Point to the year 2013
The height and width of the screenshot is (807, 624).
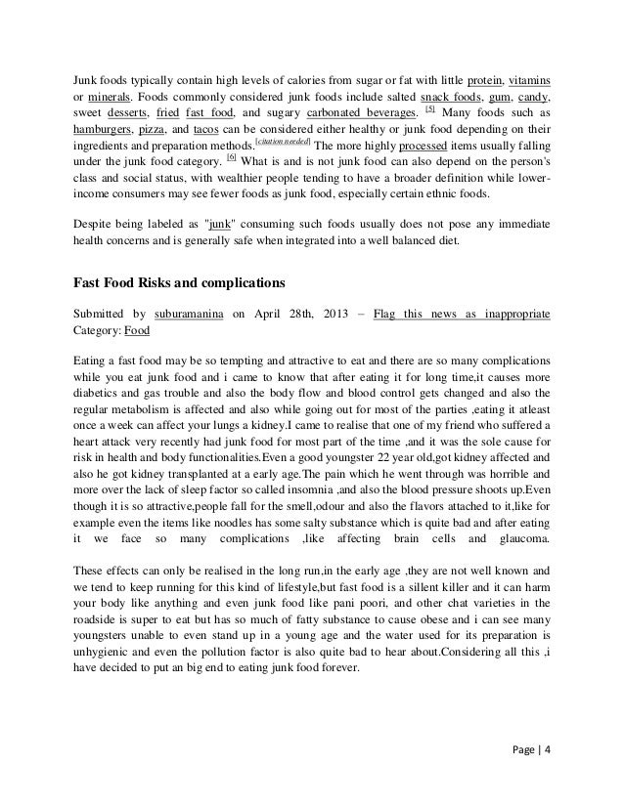click(333, 314)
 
